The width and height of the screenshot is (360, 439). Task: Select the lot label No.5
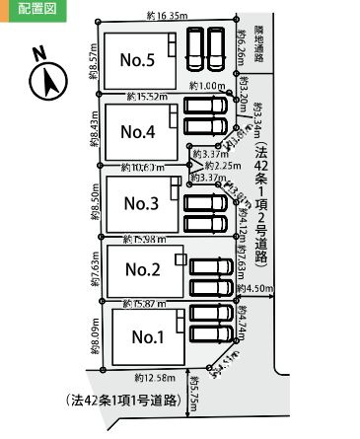tap(137, 61)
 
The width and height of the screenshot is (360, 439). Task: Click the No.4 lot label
tap(137, 131)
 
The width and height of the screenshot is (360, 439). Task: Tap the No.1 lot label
tap(148, 335)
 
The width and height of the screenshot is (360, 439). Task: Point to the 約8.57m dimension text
tap(92, 60)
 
